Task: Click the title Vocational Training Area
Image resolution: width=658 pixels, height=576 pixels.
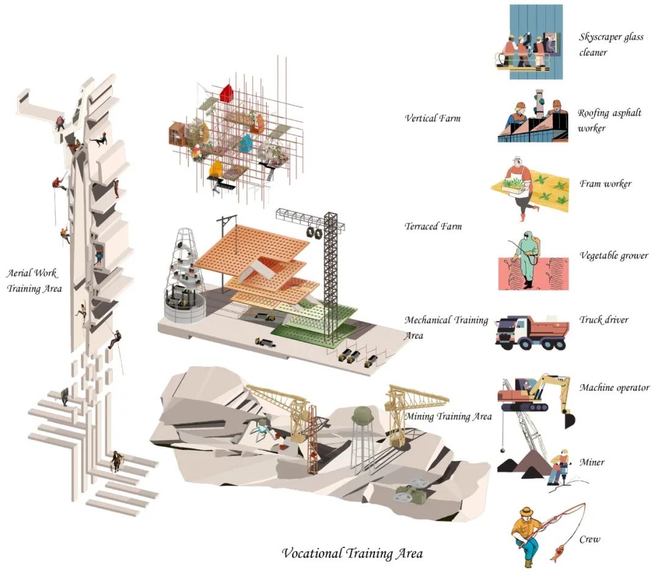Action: (x=352, y=553)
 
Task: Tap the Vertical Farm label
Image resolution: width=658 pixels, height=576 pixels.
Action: (x=433, y=118)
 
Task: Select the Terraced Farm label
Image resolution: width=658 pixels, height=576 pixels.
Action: (x=433, y=227)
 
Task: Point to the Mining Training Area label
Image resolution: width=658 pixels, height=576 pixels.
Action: (x=448, y=417)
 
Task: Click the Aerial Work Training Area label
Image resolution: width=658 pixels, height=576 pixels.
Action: (x=34, y=281)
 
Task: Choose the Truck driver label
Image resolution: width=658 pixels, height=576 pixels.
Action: (x=604, y=319)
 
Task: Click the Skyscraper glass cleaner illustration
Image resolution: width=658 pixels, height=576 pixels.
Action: (x=528, y=43)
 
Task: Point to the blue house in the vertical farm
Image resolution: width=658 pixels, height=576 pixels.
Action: (x=246, y=143)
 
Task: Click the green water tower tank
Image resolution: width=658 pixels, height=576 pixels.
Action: (x=364, y=416)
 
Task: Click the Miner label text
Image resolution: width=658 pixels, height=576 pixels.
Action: (x=592, y=462)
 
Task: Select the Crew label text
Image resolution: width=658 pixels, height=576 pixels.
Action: (x=590, y=539)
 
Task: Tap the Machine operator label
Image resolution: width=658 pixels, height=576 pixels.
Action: (x=614, y=388)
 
